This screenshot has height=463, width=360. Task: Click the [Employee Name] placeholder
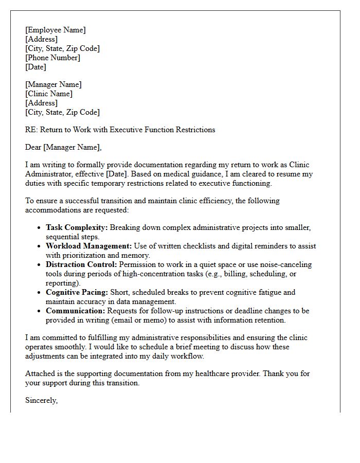pyautogui.click(x=56, y=30)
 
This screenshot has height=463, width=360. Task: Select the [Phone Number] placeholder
pyautogui.click(x=52, y=58)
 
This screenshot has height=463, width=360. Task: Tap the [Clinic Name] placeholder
pyautogui.click(x=49, y=94)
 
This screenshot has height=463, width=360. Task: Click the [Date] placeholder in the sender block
pyautogui.click(x=35, y=67)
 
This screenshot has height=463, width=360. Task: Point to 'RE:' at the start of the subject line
pyautogui.click(x=31, y=130)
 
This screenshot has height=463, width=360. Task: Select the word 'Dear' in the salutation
pyautogui.click(x=33, y=147)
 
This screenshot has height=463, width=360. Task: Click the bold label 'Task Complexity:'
pyautogui.click(x=77, y=227)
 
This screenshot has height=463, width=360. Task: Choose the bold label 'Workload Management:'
pyautogui.click(x=89, y=246)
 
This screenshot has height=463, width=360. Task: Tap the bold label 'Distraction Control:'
pyautogui.click(x=81, y=264)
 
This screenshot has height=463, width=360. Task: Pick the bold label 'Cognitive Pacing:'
pyautogui.click(x=77, y=292)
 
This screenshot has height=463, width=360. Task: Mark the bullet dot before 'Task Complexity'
pyautogui.click(x=39, y=228)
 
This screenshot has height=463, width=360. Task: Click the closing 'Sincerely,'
pyautogui.click(x=41, y=400)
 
